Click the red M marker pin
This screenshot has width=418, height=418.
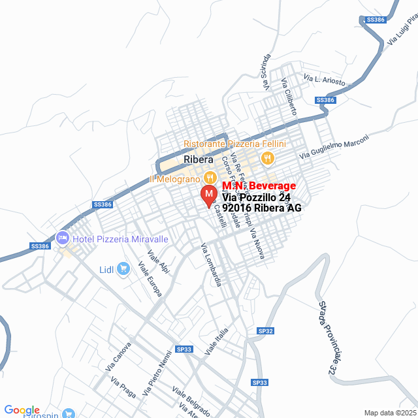click(208, 195)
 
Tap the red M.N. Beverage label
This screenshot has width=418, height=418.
click(259, 186)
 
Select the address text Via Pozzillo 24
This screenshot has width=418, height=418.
click(257, 197)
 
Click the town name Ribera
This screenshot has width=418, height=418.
click(199, 159)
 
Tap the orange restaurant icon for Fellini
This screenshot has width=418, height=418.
click(266, 157)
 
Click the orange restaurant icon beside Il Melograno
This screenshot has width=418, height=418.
click(210, 177)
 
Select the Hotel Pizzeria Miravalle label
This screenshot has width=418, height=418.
click(120, 239)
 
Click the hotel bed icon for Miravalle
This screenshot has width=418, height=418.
click(63, 237)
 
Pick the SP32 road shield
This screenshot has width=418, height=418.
click(265, 331)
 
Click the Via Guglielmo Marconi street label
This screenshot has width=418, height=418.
click(334, 147)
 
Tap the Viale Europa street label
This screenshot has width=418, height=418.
click(150, 280)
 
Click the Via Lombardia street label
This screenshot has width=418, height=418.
click(212, 264)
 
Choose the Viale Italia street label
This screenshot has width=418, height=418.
click(216, 342)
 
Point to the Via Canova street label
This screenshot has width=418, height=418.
click(118, 357)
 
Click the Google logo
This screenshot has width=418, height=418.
click(22, 410)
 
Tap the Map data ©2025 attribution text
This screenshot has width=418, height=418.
click(390, 413)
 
